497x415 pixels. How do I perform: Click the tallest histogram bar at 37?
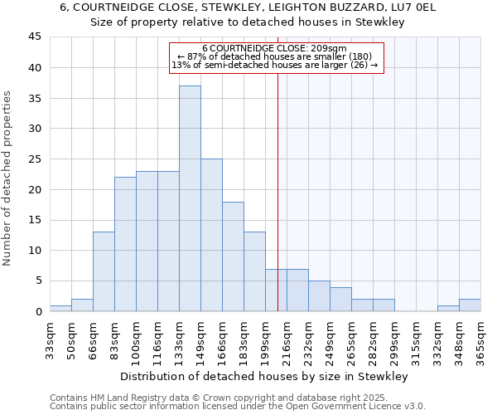click(190, 198)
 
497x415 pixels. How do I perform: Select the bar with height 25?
click(211, 235)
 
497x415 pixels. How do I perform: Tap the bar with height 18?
click(233, 256)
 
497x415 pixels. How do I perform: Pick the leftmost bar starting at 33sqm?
click(60, 308)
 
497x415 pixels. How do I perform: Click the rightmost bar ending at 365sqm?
click(470, 305)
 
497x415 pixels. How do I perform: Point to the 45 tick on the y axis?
click(36, 37)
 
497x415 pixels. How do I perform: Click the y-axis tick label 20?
click(36, 189)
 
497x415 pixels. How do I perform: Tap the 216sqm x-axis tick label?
click(287, 339)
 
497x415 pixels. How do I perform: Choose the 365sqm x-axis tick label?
click(480, 339)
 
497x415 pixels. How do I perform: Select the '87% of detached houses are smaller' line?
click(277, 56)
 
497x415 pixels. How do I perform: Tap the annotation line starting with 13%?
click(277, 65)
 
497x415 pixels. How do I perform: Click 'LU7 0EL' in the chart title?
click(422, 7)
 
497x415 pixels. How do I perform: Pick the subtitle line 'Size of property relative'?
click(247, 22)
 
